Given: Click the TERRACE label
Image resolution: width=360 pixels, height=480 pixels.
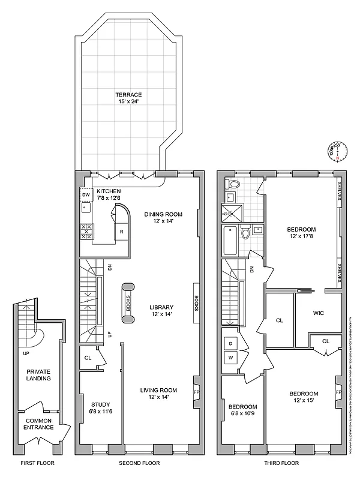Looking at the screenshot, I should tap(129, 95).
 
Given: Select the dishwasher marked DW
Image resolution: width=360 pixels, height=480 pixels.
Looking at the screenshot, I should tap(86, 195).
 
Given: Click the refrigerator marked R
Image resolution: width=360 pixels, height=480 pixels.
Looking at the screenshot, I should tap(122, 232).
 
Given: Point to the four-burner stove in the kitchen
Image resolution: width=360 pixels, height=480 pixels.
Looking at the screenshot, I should tap(86, 232).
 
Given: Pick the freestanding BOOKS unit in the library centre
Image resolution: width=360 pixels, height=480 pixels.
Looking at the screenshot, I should tap(127, 303).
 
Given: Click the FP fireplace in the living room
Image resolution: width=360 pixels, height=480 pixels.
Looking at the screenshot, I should tap(196, 393).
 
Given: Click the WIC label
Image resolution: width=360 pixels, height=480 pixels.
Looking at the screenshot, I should tap(319, 313).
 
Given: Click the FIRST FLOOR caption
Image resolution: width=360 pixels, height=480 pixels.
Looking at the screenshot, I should tap(35, 463).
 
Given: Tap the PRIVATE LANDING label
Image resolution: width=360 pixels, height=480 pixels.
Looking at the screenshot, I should tap(38, 375).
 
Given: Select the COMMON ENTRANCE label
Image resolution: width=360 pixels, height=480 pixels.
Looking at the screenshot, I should tap(39, 424).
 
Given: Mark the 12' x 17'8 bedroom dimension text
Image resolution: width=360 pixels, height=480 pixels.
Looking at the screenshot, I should tap(301, 236).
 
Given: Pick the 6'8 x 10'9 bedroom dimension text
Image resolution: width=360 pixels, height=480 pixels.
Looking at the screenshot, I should tap(242, 414).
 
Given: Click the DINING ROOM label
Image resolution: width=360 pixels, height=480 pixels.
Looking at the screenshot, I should tap(163, 214).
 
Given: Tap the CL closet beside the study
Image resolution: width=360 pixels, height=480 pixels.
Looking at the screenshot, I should tap(88, 358).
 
